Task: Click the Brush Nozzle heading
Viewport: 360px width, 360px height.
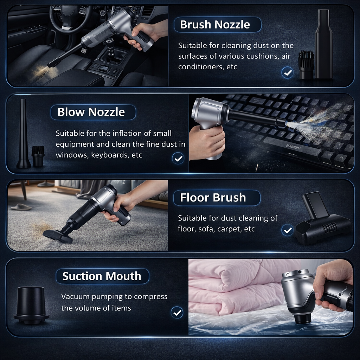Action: click(215, 25)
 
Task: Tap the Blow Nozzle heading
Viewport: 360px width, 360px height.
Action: click(91, 112)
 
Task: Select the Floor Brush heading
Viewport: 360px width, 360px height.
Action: click(213, 198)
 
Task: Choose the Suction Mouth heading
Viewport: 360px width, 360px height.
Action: click(102, 276)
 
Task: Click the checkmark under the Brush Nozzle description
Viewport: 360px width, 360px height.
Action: click(288, 73)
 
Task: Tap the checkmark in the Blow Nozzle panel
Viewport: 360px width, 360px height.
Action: click(178, 158)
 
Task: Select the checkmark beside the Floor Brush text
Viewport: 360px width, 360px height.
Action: click(288, 230)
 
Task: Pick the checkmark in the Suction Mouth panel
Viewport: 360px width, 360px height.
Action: click(176, 312)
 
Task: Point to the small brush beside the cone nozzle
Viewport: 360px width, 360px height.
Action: click(38, 156)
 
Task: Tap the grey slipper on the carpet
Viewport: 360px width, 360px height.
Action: click(21, 207)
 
